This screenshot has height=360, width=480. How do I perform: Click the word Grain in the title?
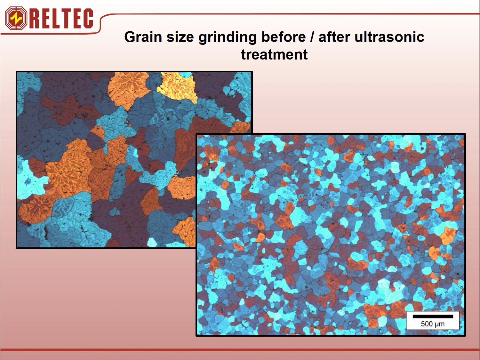pos(143,37)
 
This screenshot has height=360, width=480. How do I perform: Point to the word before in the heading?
pos(284,37)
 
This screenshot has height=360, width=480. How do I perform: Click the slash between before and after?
pos(312,37)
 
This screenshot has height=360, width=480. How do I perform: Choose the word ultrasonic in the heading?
pos(389,37)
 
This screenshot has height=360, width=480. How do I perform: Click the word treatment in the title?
pos(275,54)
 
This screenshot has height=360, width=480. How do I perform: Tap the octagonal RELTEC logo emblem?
pos(16,18)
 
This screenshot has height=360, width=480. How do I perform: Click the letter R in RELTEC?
pos(35,18)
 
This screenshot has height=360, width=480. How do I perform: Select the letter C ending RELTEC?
pos(87,18)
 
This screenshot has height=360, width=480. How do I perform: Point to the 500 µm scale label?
pos(433,324)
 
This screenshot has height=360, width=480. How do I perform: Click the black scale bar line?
pos(433,316)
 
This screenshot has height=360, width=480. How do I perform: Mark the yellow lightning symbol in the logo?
pos(16,18)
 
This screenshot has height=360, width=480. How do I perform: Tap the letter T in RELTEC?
pos(65,18)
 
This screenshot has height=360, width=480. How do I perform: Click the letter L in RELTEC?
pos(55,18)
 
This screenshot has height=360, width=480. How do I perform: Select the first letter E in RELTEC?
pos(45,18)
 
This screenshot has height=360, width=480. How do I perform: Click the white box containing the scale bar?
pos(433,320)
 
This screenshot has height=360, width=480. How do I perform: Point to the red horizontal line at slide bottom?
pos(240,350)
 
